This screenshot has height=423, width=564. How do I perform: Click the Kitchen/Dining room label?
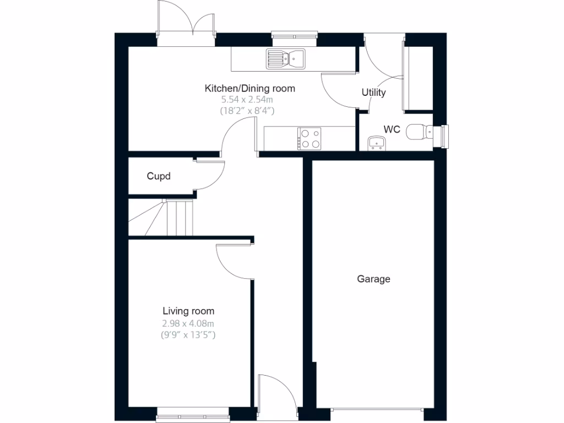[x=250, y=88]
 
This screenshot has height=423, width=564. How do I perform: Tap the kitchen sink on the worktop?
[x=286, y=58]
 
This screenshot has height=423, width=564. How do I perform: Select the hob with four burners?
[x=310, y=138]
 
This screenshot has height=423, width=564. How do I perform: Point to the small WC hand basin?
[x=377, y=144]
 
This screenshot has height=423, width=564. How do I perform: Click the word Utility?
[x=373, y=93]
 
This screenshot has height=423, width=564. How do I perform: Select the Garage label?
[x=373, y=279]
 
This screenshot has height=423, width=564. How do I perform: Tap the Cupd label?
[x=159, y=176]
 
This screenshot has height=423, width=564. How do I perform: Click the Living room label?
[x=188, y=311]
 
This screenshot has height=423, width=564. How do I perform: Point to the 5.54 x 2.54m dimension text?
[x=247, y=100]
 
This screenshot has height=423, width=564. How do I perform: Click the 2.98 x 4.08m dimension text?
[x=188, y=323]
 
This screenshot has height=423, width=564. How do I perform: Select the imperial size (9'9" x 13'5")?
[x=188, y=334]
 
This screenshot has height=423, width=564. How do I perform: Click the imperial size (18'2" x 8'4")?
[x=247, y=110]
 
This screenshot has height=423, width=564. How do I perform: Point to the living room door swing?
[x=234, y=262]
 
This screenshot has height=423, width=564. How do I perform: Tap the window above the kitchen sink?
[x=295, y=37]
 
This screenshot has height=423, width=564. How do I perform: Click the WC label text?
[x=392, y=130]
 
